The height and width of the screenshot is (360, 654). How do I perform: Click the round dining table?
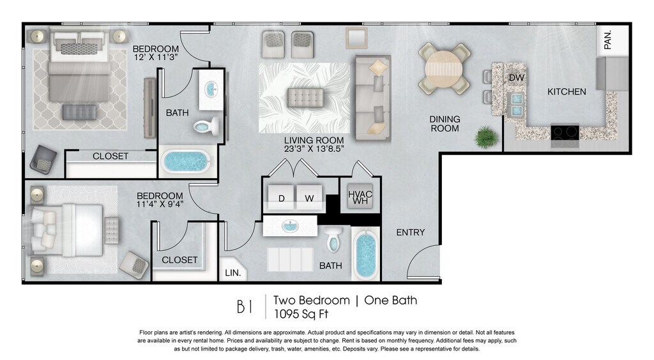445,68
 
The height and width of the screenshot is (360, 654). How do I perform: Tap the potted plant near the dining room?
486,137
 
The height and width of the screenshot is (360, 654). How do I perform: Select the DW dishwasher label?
516,77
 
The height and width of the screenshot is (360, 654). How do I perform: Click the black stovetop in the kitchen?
565,132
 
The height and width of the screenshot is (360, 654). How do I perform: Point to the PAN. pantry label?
608,40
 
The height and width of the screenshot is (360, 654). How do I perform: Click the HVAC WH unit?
360,197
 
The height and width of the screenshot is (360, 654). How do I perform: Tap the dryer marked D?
282,197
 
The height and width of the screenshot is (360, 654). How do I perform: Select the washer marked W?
309,197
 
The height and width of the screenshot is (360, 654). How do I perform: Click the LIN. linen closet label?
233,273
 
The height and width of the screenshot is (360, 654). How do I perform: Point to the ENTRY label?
411,232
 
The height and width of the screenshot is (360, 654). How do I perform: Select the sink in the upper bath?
211,89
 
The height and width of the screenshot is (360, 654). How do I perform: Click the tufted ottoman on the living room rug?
306,98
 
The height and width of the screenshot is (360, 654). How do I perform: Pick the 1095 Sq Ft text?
301,314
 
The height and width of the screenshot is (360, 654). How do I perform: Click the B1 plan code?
245,307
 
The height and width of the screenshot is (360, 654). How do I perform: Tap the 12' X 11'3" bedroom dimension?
156,57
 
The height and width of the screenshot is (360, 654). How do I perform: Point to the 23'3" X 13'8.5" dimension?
314,149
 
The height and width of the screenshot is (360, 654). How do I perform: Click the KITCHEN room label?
567,92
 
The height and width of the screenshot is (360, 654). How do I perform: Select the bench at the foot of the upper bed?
79,112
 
